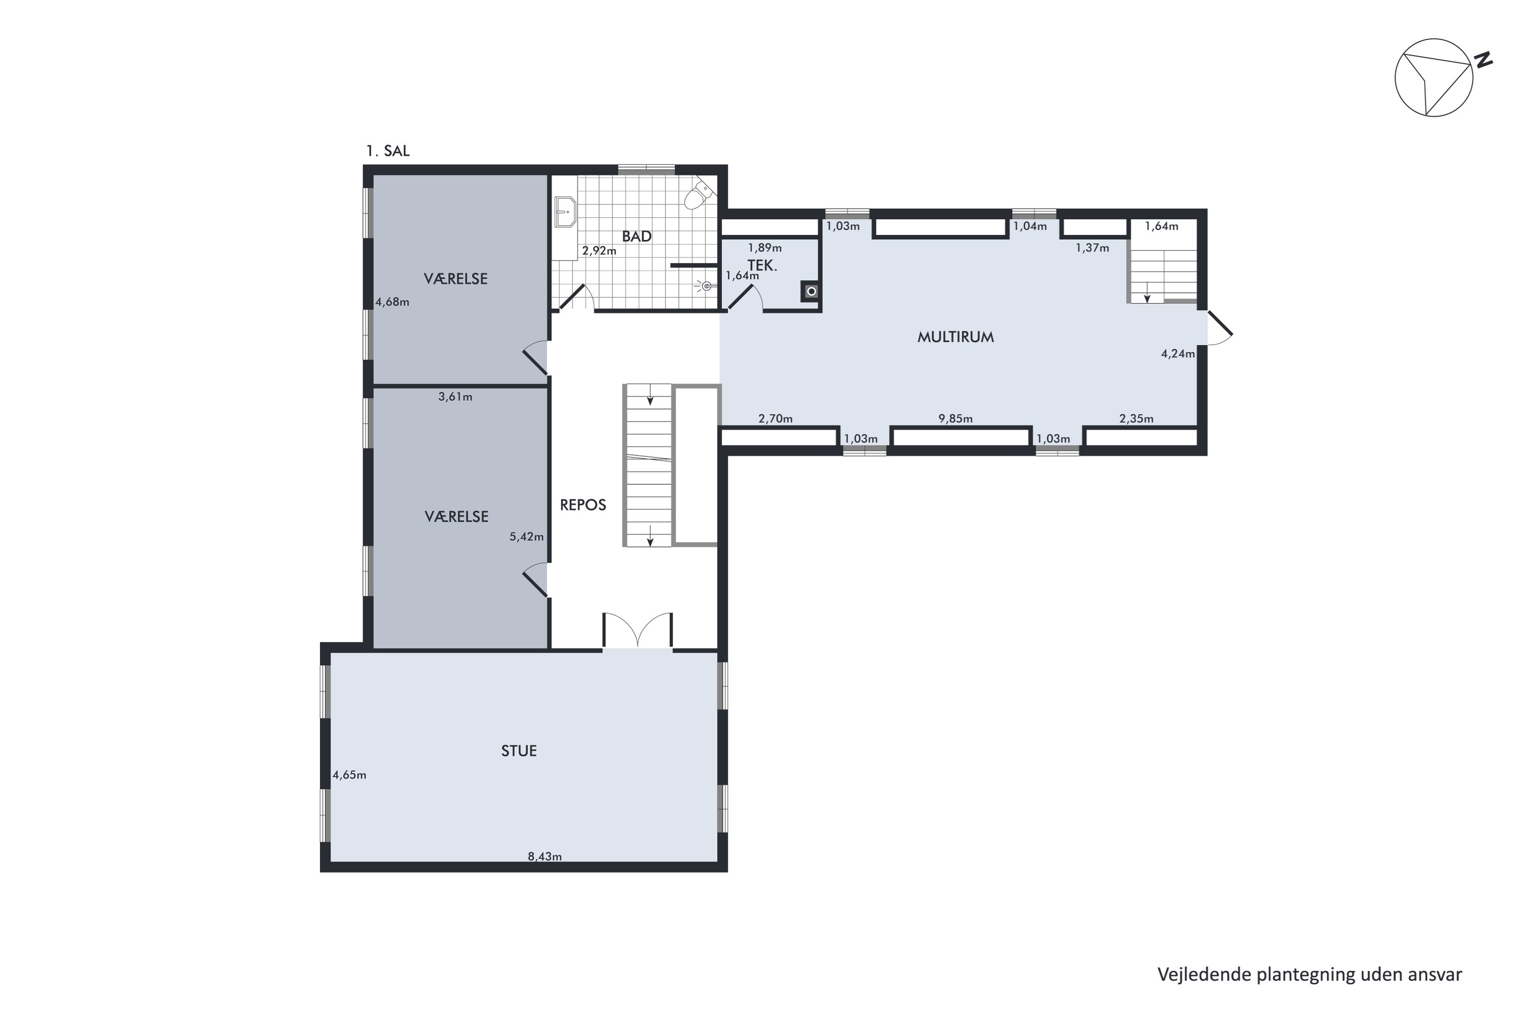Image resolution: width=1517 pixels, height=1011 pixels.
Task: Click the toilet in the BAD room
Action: [x=698, y=195]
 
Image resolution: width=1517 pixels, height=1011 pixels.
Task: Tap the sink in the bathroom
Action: [x=565, y=211]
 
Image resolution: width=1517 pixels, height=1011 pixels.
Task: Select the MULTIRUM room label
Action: [x=955, y=337]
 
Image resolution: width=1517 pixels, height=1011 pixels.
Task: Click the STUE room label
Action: [x=519, y=751]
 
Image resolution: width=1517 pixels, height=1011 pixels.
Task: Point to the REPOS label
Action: [x=583, y=505]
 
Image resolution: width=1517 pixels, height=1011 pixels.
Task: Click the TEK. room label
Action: [x=763, y=265]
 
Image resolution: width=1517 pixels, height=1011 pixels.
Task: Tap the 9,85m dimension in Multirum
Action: [x=955, y=419]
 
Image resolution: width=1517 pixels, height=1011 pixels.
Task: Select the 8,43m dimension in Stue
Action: [x=545, y=856]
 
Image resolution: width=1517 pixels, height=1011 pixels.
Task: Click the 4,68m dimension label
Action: [x=392, y=302]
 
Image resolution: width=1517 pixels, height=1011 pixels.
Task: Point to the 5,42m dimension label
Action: [x=526, y=536]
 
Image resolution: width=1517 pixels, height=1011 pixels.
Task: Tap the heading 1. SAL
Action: [x=388, y=151]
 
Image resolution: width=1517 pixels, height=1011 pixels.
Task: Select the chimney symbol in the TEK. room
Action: [x=812, y=292]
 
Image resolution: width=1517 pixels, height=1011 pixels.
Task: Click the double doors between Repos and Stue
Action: [x=637, y=630]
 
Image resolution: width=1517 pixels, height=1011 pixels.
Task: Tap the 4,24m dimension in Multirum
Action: [x=1178, y=353]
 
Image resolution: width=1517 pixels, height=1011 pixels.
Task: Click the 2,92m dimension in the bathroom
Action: [x=599, y=250]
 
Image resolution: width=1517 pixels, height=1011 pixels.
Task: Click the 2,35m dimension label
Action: [x=1136, y=419]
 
